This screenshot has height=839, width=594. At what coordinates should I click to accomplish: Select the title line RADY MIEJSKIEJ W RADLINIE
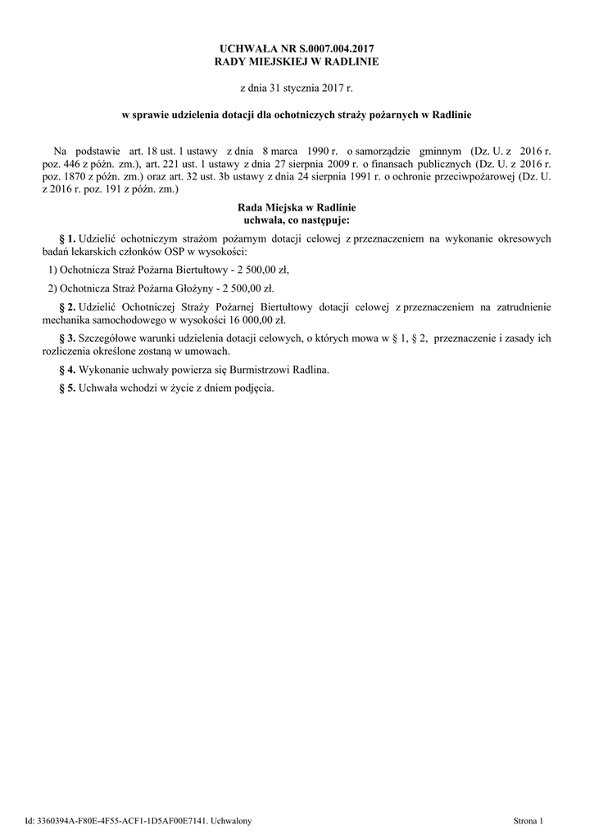click(297, 61)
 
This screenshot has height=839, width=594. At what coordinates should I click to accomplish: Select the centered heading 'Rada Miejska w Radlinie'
click(297, 208)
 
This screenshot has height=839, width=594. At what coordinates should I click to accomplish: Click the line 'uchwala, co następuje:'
click(297, 220)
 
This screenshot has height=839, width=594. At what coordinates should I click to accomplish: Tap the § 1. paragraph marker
click(67, 238)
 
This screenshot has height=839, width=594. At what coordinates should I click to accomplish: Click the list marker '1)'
click(52, 269)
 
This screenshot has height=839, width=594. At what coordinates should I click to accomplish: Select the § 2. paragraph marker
click(67, 306)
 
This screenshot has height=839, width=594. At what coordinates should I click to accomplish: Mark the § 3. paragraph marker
click(67, 338)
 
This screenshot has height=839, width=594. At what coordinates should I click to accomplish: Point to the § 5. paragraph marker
click(67, 388)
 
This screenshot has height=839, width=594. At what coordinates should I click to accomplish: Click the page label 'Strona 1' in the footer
click(528, 819)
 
